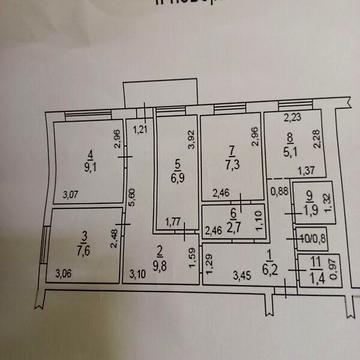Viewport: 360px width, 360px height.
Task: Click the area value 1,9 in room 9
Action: [310, 211]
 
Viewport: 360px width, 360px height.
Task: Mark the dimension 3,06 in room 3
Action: [63, 273]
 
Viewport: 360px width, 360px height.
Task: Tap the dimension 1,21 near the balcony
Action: [140, 128]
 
